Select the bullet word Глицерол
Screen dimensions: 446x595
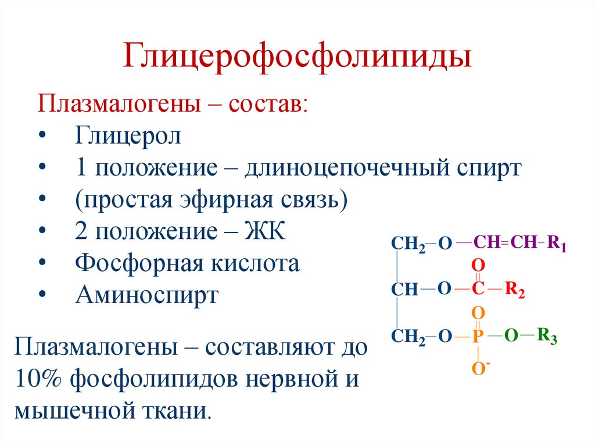pyautogui.click(x=128, y=137)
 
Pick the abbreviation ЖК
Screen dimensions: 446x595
pyautogui.click(x=266, y=232)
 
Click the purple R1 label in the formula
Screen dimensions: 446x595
pyautogui.click(x=558, y=243)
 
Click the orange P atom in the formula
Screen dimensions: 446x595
pyautogui.click(x=477, y=336)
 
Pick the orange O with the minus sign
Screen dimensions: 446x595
pyautogui.click(x=478, y=367)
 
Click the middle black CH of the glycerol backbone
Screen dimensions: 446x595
pyautogui.click(x=405, y=290)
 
